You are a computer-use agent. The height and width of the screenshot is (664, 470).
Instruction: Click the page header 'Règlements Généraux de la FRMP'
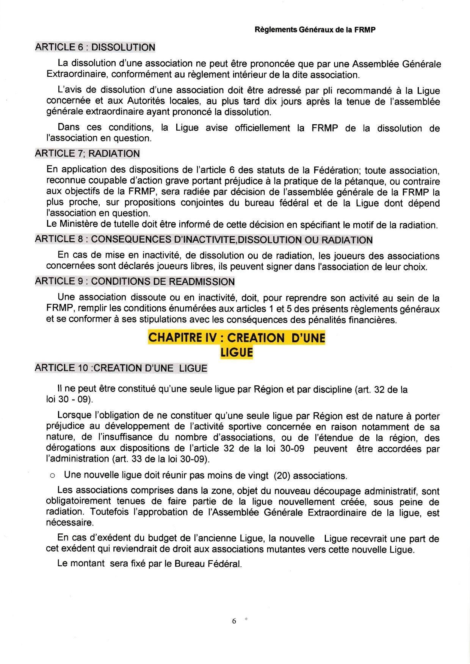tap(315, 30)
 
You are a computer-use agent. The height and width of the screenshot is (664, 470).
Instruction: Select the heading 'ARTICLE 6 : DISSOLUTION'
tap(95, 47)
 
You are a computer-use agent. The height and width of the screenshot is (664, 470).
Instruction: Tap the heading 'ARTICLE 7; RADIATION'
tap(87, 154)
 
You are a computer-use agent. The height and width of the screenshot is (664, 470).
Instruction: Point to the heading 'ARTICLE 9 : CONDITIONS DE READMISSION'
tap(135, 282)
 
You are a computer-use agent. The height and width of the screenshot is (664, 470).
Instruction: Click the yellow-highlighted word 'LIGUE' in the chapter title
tap(237, 352)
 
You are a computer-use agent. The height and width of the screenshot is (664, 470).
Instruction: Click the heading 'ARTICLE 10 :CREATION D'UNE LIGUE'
tap(121, 368)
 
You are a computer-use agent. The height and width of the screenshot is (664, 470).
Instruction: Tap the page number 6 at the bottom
tap(234, 621)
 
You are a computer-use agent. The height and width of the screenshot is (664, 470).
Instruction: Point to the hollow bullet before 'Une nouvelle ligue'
tap(53, 476)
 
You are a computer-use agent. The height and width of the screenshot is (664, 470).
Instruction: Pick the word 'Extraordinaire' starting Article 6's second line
tap(75, 75)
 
